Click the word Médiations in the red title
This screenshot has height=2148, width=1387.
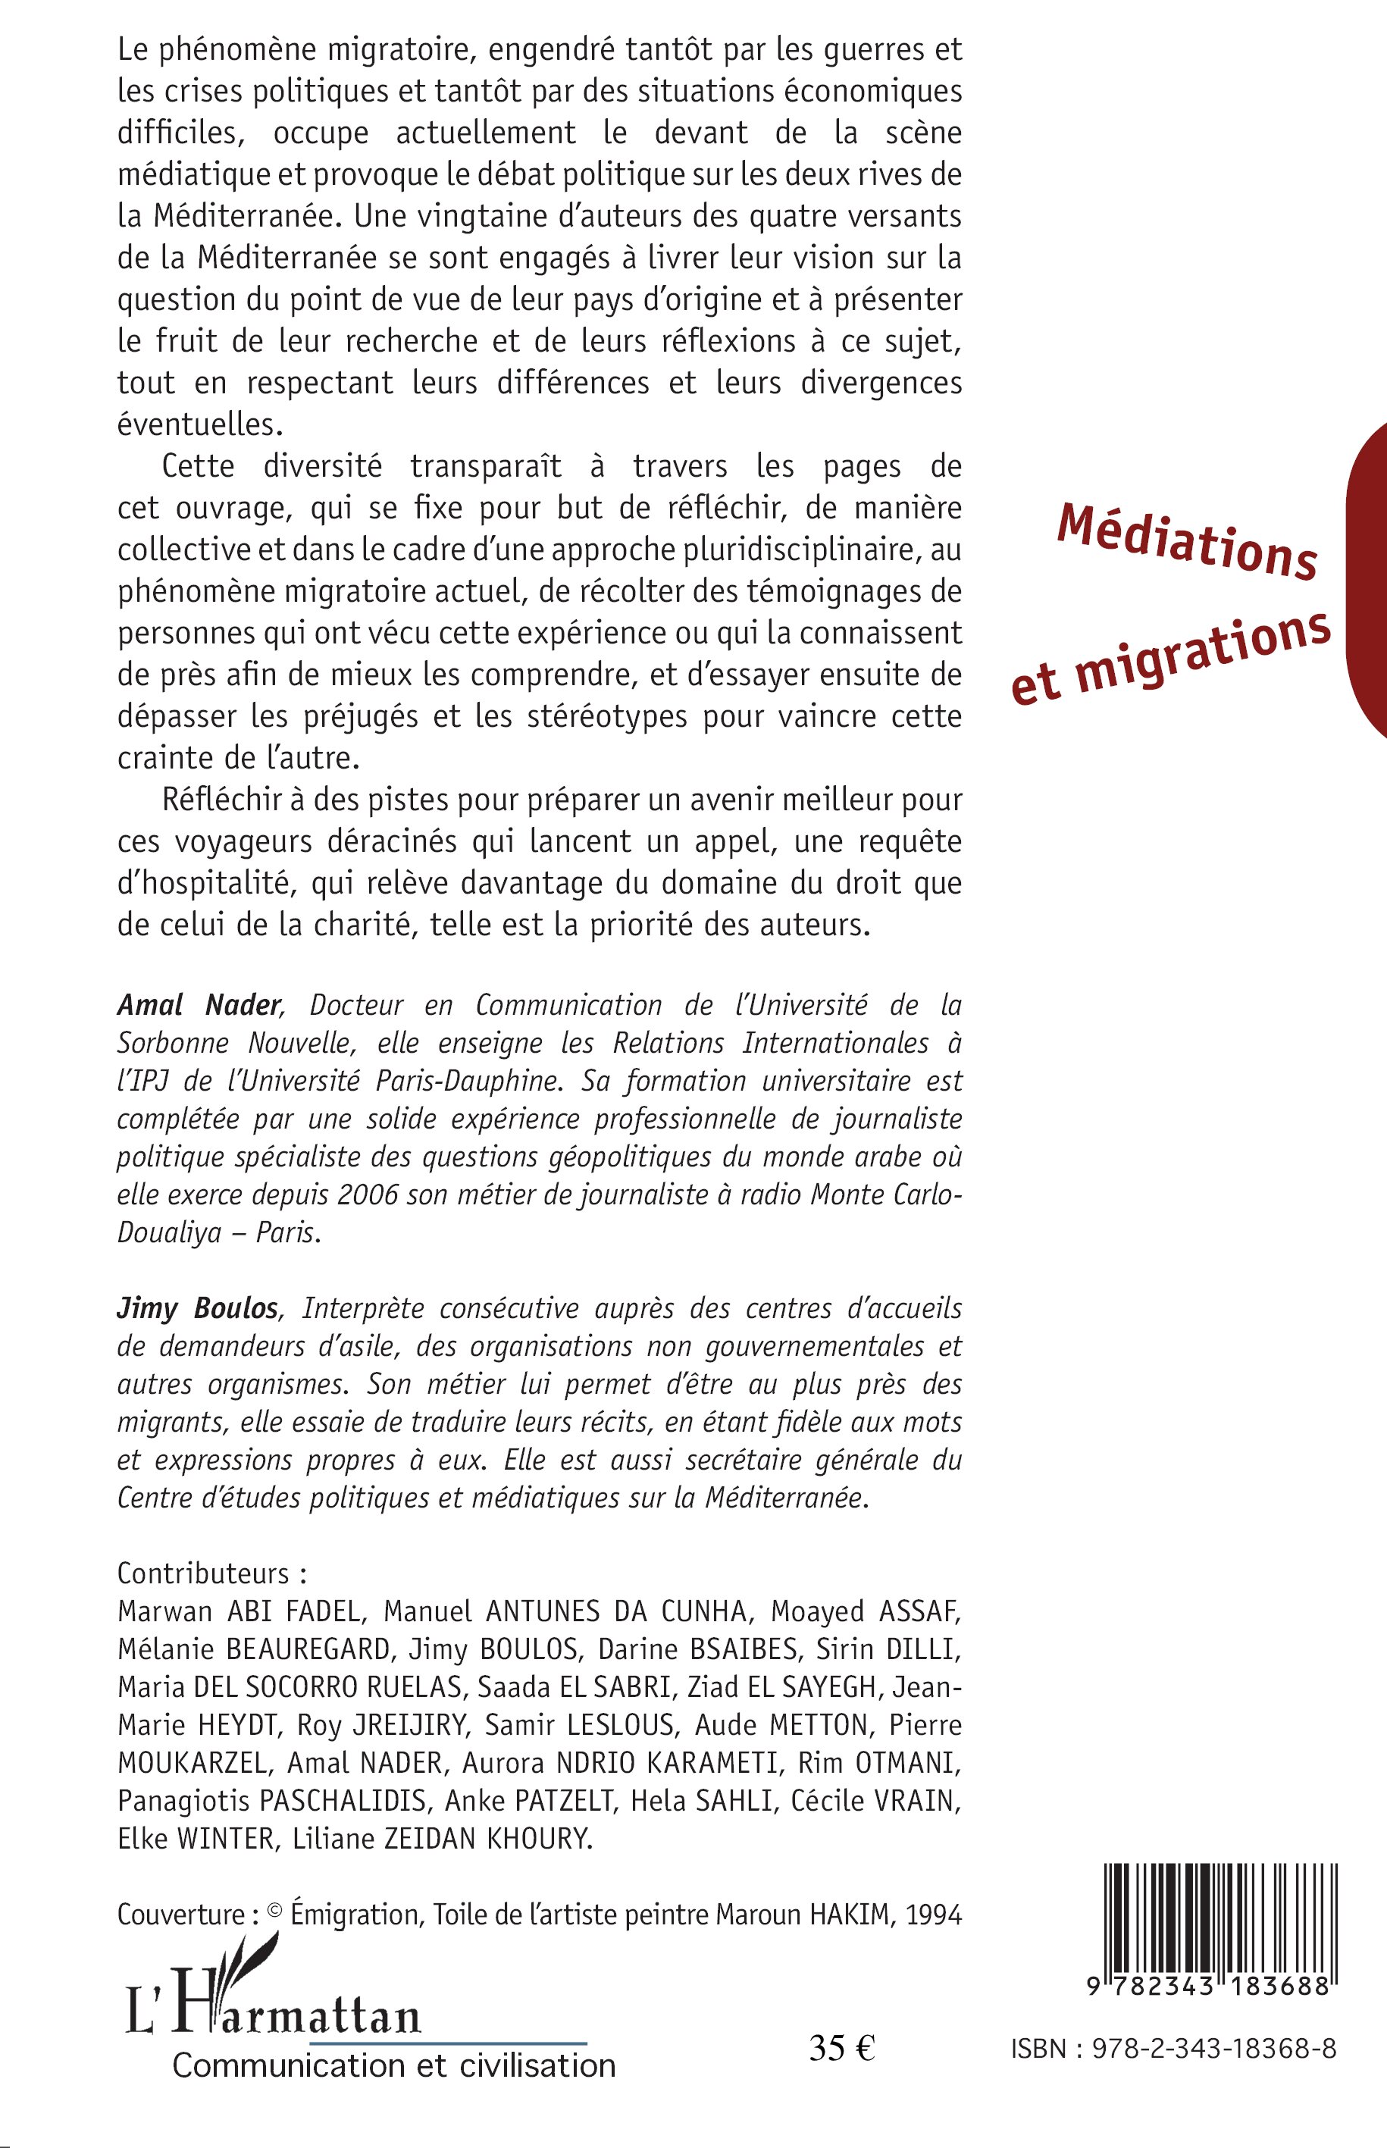(1187, 540)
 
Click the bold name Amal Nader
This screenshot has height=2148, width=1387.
(200, 1005)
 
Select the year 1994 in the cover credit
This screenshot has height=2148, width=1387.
(935, 1915)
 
